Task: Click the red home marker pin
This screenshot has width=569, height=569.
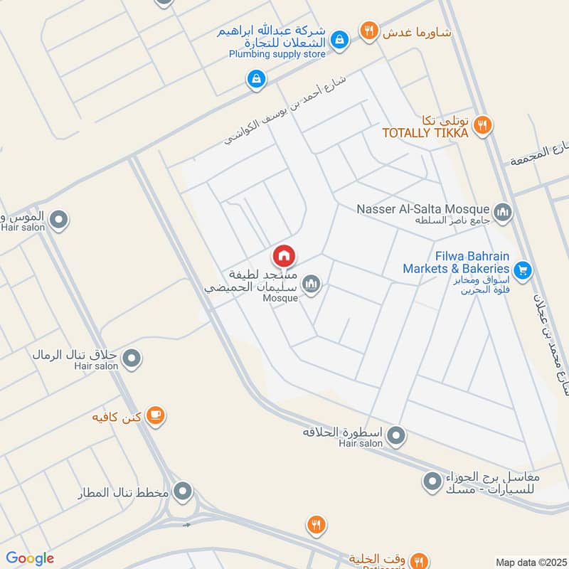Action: coord(284,256)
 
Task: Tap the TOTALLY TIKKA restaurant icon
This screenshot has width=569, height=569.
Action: coord(483,124)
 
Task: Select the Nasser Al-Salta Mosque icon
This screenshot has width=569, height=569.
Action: coord(503,211)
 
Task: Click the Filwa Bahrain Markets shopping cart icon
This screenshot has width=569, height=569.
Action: coord(523,270)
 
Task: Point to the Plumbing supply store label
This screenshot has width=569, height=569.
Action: coord(277,54)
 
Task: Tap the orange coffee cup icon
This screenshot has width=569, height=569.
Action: coord(156,416)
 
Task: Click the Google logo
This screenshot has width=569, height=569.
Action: coord(30,558)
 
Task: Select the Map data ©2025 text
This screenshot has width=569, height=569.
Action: coord(531,563)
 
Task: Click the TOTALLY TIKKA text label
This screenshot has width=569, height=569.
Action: coord(425,133)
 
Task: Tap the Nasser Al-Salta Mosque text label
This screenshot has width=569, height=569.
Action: coord(424,209)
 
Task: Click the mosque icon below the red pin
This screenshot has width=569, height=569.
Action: coord(311,284)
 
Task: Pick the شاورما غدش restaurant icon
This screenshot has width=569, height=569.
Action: coord(368,30)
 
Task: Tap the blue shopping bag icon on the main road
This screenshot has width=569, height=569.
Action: coord(255,79)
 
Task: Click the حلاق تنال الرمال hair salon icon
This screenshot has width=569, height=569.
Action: coord(131,359)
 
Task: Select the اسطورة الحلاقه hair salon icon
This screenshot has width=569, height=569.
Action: coord(397,434)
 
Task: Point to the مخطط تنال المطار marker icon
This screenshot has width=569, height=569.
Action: coord(184,491)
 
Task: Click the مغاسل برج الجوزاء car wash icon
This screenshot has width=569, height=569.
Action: coord(432,482)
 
